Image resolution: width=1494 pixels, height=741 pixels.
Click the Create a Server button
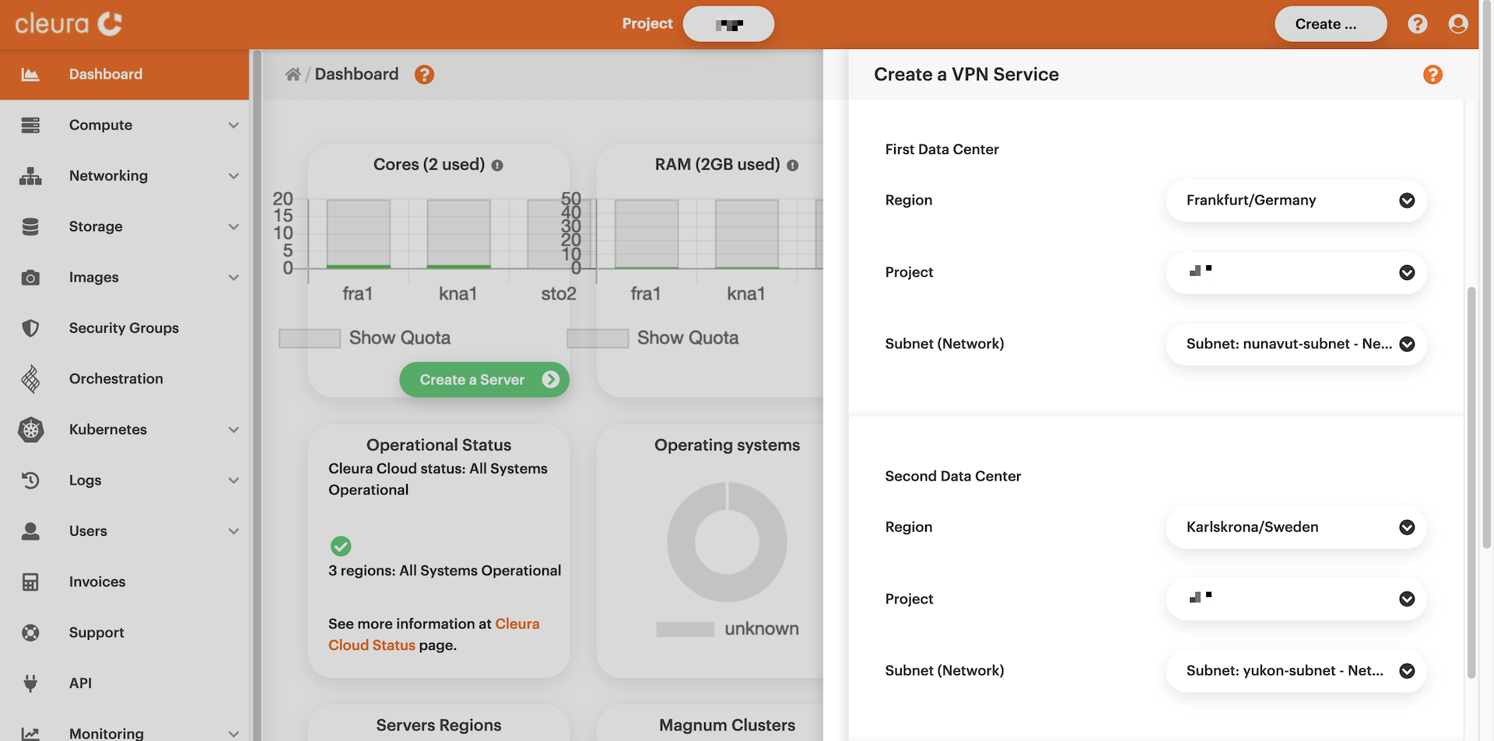[484, 379]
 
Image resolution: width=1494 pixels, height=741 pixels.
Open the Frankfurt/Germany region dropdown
[1296, 201]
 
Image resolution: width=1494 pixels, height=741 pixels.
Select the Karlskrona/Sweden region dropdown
[1296, 527]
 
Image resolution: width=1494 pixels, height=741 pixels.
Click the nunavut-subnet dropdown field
[1296, 344]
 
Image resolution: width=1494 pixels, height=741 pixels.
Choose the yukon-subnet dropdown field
[1296, 670]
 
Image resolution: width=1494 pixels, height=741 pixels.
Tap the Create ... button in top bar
[1330, 24]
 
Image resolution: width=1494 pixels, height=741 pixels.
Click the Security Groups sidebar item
[124, 328]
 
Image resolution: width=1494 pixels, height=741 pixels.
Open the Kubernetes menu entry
[108, 429]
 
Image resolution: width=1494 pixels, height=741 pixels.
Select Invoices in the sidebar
[97, 582]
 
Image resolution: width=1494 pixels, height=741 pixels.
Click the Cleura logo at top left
[68, 24]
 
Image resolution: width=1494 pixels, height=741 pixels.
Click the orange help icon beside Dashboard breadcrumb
[424, 75]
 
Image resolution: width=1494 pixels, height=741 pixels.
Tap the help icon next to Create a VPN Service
[1433, 75]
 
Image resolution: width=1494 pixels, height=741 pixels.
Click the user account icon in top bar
[1458, 24]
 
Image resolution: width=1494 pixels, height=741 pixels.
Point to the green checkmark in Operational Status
[341, 546]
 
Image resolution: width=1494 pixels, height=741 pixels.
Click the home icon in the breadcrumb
[293, 75]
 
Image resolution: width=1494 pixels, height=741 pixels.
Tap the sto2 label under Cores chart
[559, 294]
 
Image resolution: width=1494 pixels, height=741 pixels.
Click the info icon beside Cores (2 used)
[497, 166]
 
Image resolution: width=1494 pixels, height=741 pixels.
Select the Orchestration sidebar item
[116, 379]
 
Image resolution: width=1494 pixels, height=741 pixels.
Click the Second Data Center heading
[952, 476]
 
